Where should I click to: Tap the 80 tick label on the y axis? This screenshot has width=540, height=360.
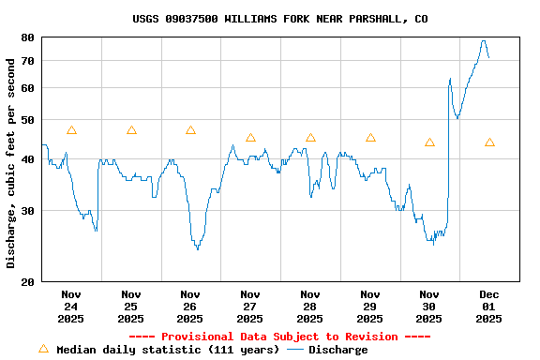point(27,37)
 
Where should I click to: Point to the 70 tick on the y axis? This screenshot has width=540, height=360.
point(27,61)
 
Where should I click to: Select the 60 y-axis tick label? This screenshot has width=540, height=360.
point(27,88)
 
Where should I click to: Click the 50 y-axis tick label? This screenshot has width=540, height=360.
point(27,120)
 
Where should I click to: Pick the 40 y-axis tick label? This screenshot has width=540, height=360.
point(27,159)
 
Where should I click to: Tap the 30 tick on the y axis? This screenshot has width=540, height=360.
point(27,211)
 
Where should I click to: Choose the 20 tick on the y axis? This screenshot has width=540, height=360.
point(27,281)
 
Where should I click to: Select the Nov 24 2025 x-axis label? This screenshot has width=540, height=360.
point(71,306)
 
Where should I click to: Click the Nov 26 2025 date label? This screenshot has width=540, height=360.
point(190,306)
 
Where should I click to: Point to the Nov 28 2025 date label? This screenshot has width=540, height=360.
point(310,306)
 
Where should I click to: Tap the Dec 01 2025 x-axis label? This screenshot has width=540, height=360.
point(489,306)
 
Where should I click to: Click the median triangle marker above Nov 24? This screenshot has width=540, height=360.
point(71,130)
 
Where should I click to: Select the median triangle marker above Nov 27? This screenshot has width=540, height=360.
point(250,138)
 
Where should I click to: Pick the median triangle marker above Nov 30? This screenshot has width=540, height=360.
point(429,142)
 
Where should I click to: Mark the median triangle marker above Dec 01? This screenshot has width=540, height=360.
point(489,142)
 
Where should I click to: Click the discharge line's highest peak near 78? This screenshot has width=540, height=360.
point(484,41)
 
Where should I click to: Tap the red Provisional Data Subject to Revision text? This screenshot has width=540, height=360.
point(279,337)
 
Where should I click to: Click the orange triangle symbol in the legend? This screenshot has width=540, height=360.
point(43,349)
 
